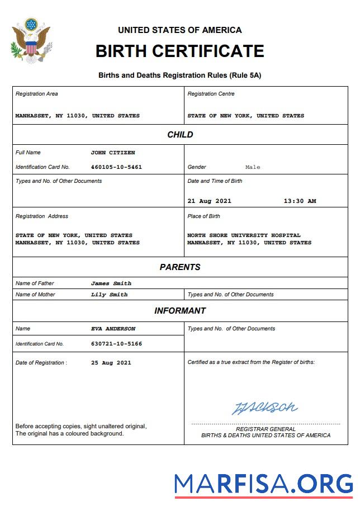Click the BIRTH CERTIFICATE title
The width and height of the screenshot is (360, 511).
click(179, 51)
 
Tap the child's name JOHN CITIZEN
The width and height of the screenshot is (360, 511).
click(113, 152)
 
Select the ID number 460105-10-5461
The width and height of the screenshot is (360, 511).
click(116, 167)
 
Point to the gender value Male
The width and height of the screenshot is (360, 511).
click(253, 167)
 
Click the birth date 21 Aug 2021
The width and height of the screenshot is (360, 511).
click(209, 201)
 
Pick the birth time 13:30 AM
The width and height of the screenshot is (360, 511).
click(300, 201)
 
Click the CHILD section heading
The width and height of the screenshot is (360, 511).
click(180, 134)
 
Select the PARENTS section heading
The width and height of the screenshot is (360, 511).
click(180, 267)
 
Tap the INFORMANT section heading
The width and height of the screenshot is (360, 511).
click(180, 310)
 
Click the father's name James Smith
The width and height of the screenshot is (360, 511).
click(111, 283)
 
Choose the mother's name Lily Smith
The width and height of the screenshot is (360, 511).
click(109, 294)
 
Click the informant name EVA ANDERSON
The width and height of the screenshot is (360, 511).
click(113, 328)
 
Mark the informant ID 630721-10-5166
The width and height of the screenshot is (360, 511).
click(116, 343)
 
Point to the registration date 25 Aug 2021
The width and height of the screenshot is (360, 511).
click(111, 362)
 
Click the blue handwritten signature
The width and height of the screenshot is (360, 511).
click(265, 407)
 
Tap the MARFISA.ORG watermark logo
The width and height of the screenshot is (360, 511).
click(263, 484)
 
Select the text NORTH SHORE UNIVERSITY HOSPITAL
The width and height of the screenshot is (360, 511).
click(244, 235)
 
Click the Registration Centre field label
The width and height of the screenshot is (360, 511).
click(211, 94)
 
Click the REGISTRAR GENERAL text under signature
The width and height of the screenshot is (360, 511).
click(266, 429)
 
